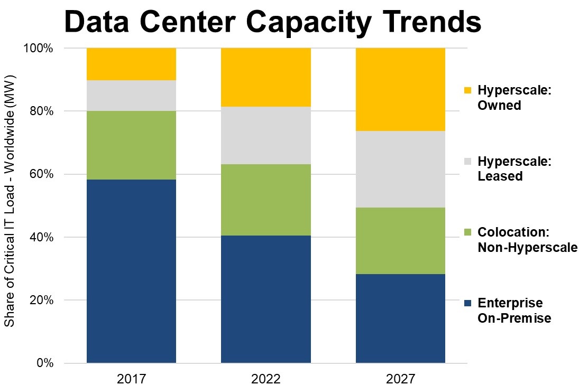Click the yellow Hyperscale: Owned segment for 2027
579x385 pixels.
[x=400, y=89]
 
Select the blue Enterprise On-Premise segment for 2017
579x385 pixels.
[x=131, y=271]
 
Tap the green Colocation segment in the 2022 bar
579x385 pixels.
[x=265, y=200]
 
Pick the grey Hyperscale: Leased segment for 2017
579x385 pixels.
[x=131, y=96]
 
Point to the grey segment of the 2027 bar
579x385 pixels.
[x=400, y=169]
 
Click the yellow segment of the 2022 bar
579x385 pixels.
[x=265, y=77]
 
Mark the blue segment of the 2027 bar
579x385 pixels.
[x=400, y=318]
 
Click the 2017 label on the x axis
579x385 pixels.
[x=131, y=378]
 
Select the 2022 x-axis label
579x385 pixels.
[x=265, y=378]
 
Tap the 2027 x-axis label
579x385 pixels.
[x=400, y=378]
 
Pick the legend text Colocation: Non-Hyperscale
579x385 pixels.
[x=527, y=239]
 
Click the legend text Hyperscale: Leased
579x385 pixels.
[x=514, y=168]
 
